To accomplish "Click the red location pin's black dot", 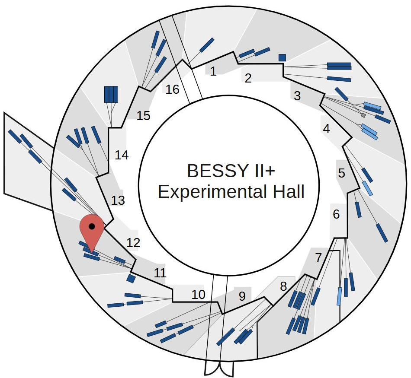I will [91, 226].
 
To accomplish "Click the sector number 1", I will [213, 71].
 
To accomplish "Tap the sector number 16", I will [172, 89].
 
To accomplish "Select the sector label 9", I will [242, 296].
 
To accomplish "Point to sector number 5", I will [342, 174].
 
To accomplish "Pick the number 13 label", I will [118, 200].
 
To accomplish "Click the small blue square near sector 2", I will [282, 57].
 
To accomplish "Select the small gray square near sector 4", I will [363, 115].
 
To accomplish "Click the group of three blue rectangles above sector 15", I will [111, 94].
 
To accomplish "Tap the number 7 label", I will [318, 258].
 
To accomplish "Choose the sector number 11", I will [160, 273].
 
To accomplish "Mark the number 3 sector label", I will [297, 96].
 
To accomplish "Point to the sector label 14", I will [122, 155].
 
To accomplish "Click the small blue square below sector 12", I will [131, 278].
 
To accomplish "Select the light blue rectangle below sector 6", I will [339, 296].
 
